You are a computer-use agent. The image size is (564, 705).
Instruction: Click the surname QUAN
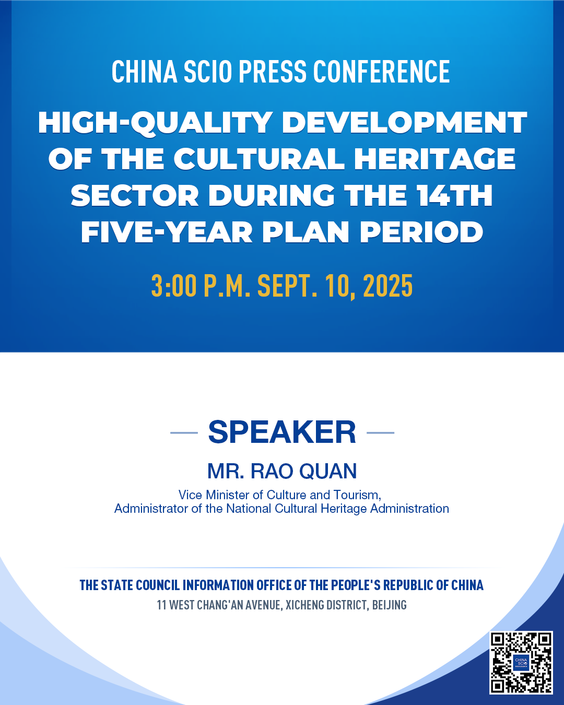click(x=328, y=472)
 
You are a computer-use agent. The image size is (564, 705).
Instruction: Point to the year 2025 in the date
click(x=387, y=286)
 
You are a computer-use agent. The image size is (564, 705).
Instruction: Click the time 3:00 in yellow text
click(x=174, y=286)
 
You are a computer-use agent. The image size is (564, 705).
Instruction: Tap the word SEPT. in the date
click(x=287, y=286)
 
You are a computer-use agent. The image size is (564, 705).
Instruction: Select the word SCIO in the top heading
click(x=208, y=71)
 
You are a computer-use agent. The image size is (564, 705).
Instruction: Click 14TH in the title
click(x=455, y=195)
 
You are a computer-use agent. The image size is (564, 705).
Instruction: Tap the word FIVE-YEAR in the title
click(x=167, y=232)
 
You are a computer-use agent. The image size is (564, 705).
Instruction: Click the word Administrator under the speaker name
click(x=151, y=509)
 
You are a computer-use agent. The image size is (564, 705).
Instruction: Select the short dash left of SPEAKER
click(x=184, y=433)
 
